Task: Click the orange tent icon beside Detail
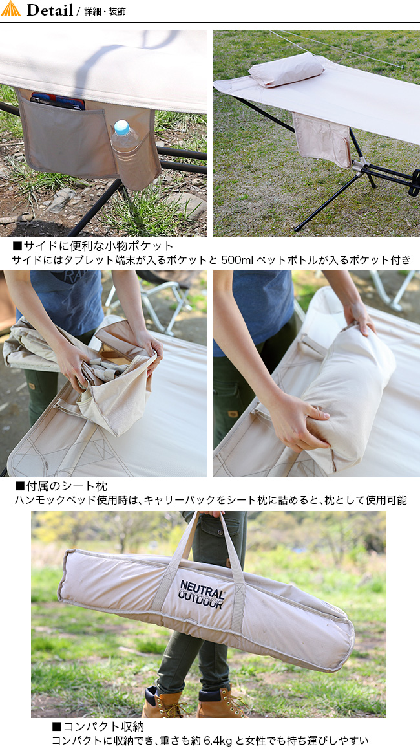tap(10, 8)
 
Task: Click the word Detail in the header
tap(50, 10)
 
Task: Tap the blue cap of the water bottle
tap(121, 127)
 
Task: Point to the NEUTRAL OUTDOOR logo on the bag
tap(202, 594)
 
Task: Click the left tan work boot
tap(164, 702)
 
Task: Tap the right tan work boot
tap(222, 703)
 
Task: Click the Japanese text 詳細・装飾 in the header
tap(105, 12)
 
